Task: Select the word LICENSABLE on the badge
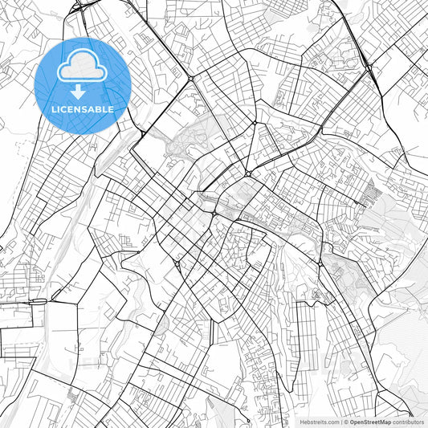83,109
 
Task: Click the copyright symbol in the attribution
346,422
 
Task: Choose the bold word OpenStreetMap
371,422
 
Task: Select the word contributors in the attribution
408,422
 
